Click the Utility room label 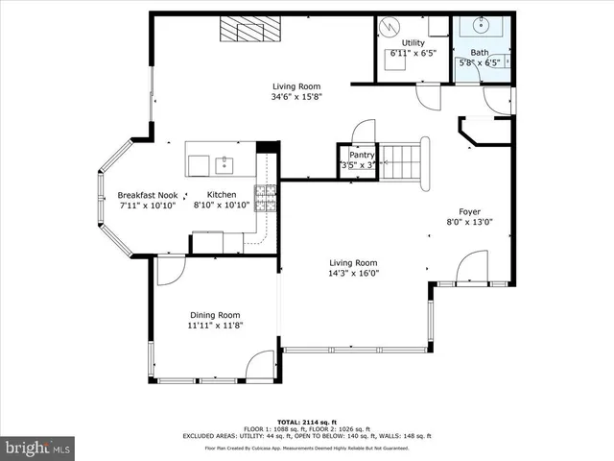(x=413, y=43)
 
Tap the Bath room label (x=479, y=53)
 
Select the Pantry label (x=361, y=155)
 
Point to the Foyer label (x=469, y=211)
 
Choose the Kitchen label (x=221, y=195)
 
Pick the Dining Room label (x=214, y=315)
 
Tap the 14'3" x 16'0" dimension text (x=354, y=272)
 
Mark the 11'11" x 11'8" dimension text (x=214, y=326)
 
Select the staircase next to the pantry (x=403, y=160)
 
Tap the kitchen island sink (x=224, y=164)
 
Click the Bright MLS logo (x=37, y=448)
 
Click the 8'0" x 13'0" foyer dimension (x=469, y=222)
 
